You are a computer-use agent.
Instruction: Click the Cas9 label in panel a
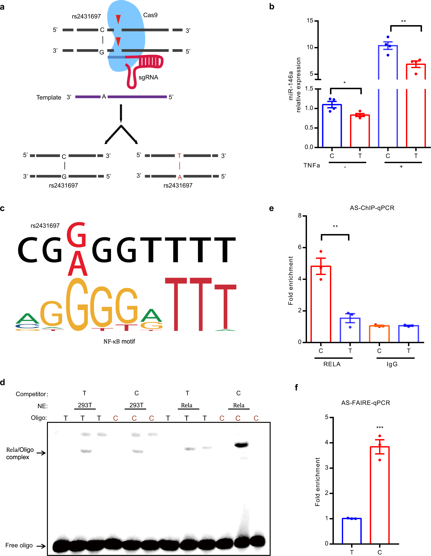coord(150,15)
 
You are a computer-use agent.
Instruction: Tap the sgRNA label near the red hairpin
coord(148,77)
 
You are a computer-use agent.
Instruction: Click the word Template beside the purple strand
coord(49,97)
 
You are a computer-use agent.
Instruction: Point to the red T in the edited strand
coord(179,156)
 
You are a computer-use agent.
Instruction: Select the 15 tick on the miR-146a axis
coord(310,20)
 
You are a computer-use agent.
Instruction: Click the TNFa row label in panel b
coord(311,165)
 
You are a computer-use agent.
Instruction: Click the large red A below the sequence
coord(78,264)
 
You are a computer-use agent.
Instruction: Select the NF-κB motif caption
coord(119,341)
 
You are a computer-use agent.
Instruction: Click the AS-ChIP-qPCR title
coord(372,208)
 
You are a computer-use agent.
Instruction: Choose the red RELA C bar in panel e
coord(321,305)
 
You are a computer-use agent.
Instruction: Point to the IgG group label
coord(392,364)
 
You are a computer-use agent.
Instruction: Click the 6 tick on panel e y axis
coord(300,247)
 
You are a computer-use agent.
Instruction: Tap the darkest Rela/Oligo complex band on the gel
coord(241,445)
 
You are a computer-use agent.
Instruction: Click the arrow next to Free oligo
coord(41,546)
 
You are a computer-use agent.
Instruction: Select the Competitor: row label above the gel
coord(32,394)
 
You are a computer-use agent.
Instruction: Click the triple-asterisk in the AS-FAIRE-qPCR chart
coord(380,428)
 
